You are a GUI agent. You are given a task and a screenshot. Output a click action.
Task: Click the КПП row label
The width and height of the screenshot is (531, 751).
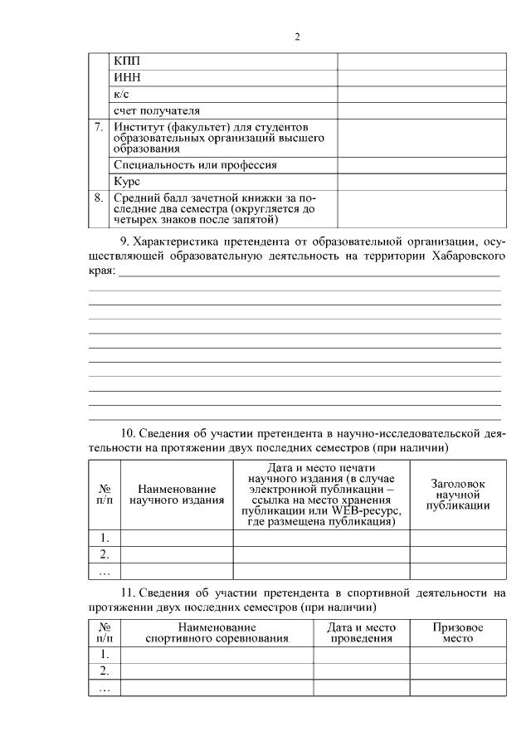(x=127, y=62)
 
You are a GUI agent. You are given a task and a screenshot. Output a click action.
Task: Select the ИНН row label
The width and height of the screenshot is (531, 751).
(x=128, y=78)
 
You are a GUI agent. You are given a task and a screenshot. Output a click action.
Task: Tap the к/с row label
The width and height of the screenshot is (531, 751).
(x=121, y=95)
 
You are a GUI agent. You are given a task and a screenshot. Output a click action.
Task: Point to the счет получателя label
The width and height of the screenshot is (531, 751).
(x=156, y=110)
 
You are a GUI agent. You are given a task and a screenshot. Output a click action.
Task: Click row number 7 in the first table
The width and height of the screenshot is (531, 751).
(x=99, y=127)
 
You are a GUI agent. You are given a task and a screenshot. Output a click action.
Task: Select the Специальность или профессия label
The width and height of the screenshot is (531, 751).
(x=195, y=165)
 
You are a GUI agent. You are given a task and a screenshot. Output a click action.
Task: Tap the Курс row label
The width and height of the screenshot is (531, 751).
(x=128, y=181)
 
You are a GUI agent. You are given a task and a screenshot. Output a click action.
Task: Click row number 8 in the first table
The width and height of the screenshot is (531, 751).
(x=99, y=198)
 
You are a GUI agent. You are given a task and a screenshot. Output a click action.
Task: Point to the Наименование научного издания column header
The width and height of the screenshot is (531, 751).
(x=177, y=495)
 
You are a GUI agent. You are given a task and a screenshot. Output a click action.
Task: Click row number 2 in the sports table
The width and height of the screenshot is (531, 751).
(x=105, y=671)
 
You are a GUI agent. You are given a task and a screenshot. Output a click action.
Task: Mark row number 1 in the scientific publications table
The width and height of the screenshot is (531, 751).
(x=105, y=538)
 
